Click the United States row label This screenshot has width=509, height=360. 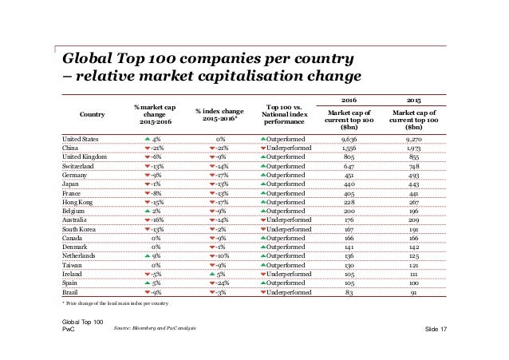pyautogui.click(x=81, y=138)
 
